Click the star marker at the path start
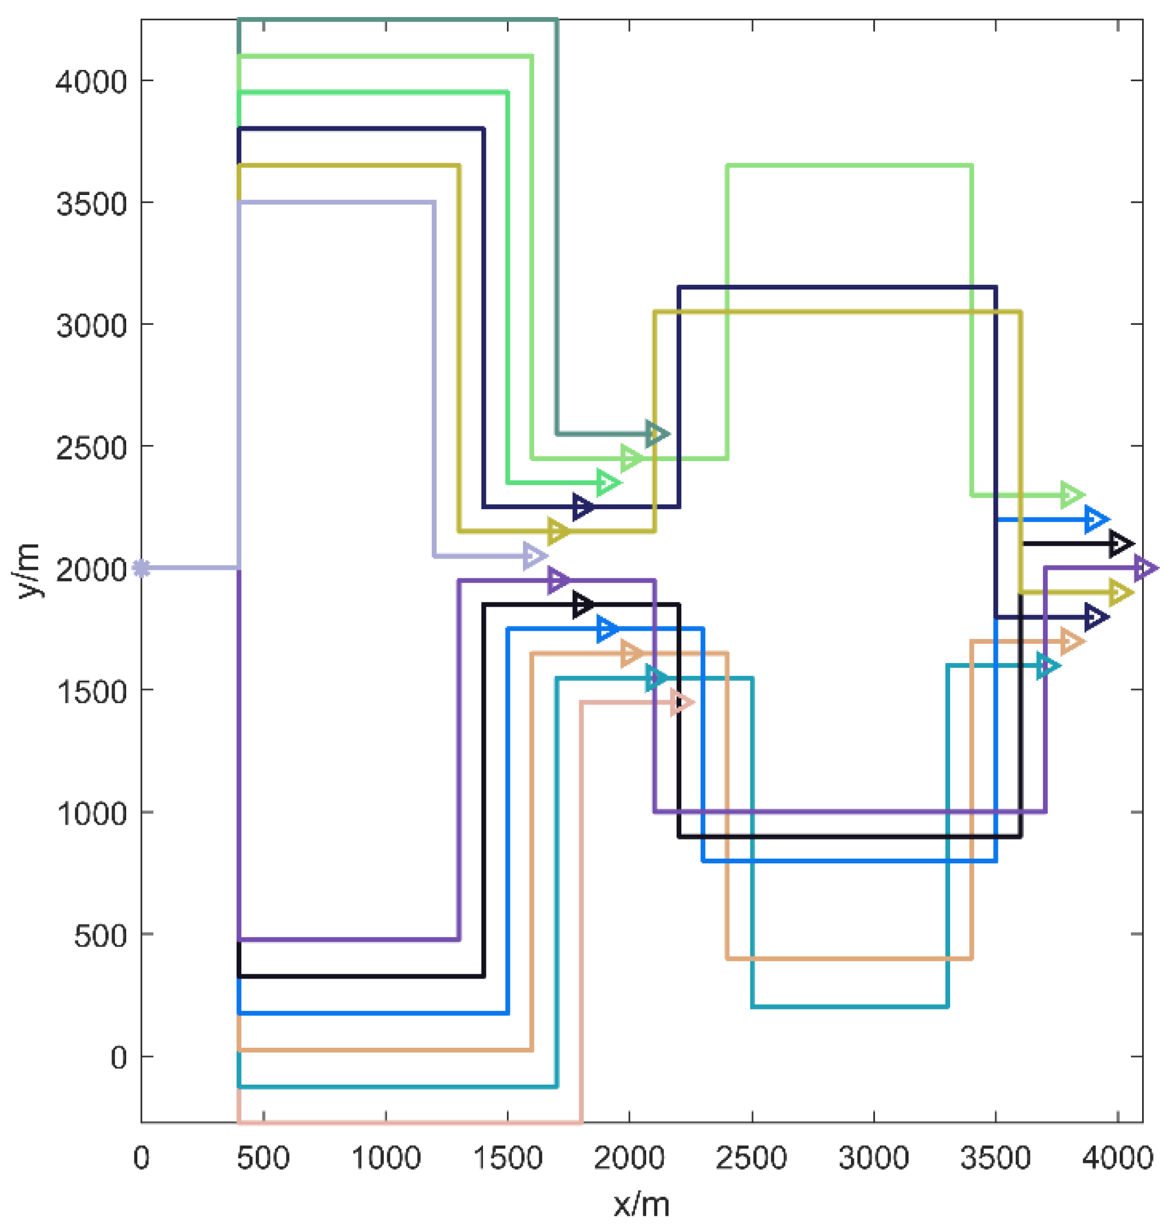tap(142, 569)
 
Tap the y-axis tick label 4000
tap(90, 81)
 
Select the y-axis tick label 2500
tap(90, 448)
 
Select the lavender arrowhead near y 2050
tap(534, 556)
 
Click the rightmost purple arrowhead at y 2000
tap(1145, 569)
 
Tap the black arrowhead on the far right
tap(1121, 544)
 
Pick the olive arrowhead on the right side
tap(1121, 592)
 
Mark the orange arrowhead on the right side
tap(1072, 641)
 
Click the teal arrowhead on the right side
tap(1048, 666)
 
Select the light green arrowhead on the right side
tap(1072, 495)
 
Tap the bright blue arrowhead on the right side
tap(1096, 520)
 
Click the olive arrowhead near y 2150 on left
tap(558, 532)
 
